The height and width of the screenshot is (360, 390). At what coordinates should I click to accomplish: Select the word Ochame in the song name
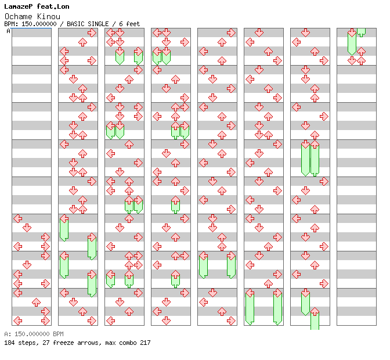click(16, 16)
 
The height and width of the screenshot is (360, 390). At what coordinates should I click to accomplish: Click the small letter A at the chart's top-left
click(8, 31)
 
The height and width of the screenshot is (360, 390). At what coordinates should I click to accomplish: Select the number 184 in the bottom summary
click(9, 343)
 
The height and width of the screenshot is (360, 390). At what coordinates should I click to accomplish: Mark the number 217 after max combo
click(145, 343)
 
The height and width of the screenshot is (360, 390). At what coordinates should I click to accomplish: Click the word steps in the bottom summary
click(27, 343)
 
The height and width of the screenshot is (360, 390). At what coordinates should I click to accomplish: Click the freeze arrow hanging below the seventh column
click(315, 320)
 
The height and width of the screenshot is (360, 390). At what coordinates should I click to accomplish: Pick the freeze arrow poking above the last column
click(361, 31)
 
